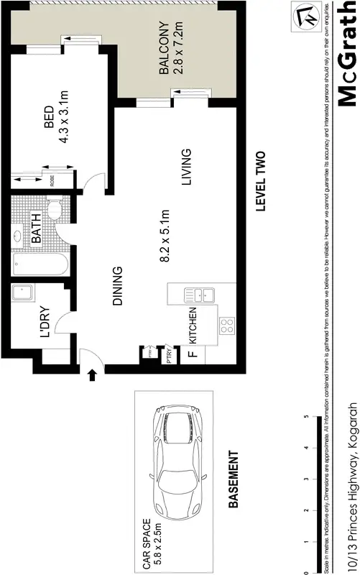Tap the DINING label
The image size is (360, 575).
(x=118, y=287)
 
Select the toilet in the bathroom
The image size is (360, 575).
(x=53, y=211)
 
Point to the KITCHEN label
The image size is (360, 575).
(x=192, y=326)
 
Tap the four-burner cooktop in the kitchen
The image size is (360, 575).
(x=227, y=326)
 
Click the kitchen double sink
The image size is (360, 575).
(x=196, y=293)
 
